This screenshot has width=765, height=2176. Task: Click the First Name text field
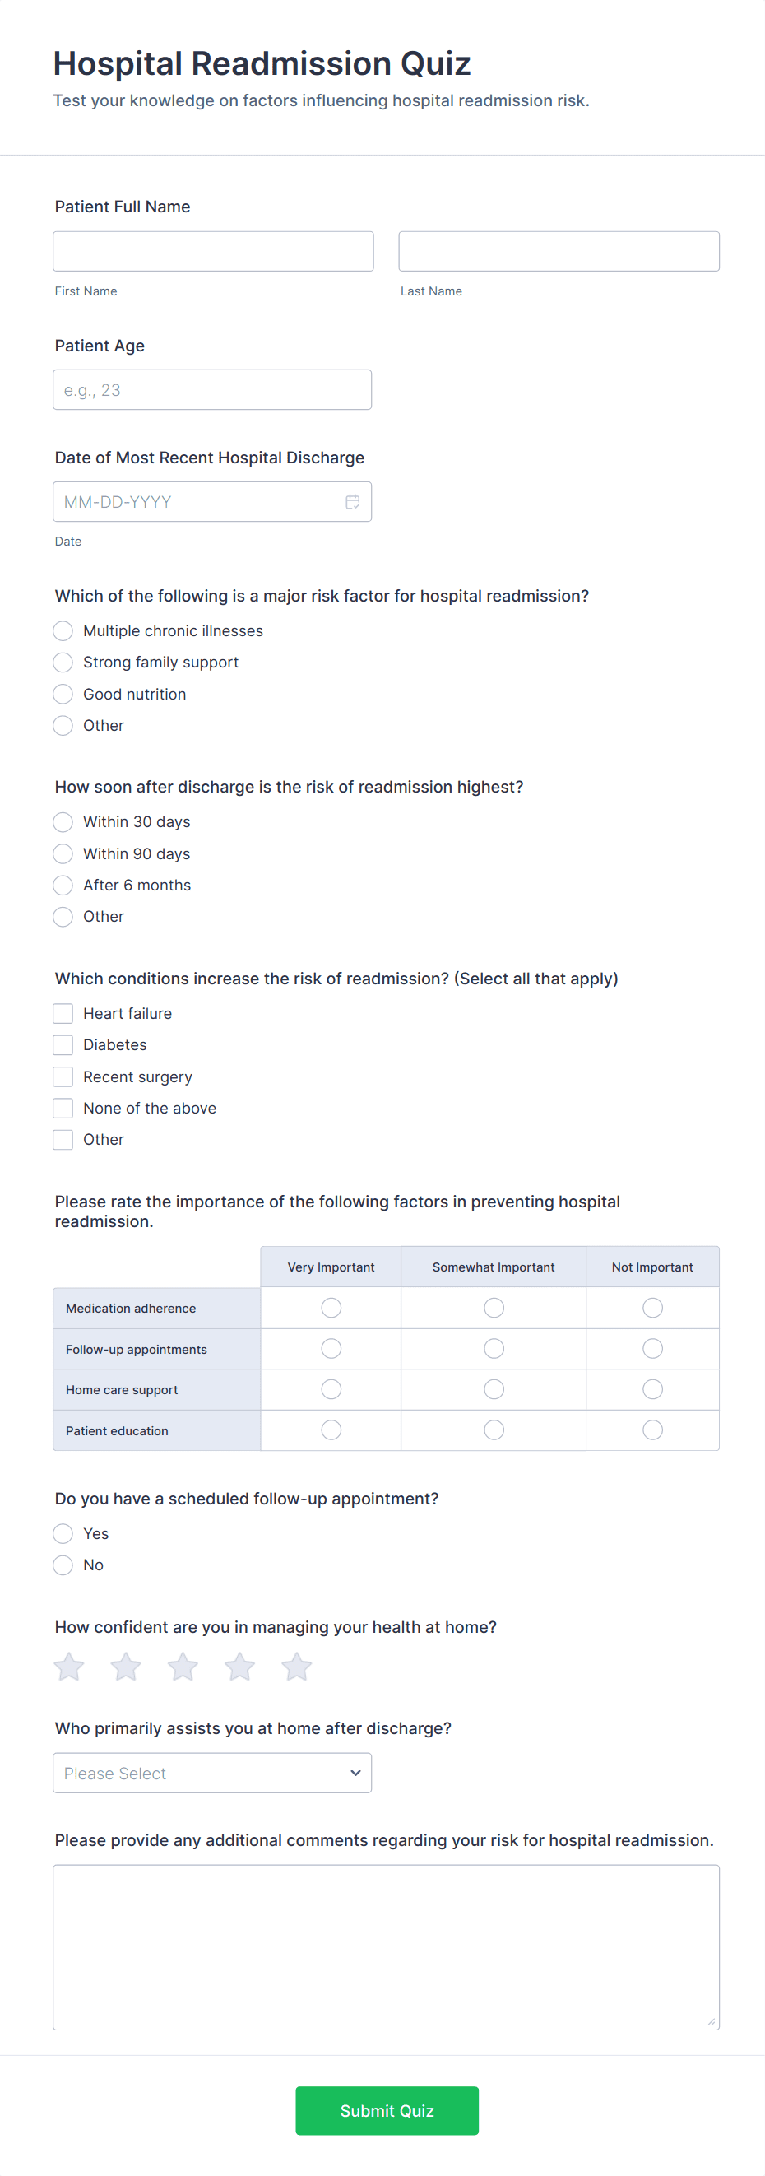point(213,251)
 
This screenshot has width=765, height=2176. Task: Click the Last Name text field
point(559,251)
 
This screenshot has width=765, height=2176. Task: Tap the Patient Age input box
point(212,389)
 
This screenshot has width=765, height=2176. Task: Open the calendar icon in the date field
point(352,502)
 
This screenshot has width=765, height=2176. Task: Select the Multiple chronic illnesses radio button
point(63,631)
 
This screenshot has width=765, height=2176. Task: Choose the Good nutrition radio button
point(63,695)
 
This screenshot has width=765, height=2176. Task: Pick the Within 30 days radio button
point(63,822)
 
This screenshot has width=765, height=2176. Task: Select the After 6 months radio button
point(63,886)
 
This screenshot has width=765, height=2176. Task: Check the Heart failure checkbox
point(63,1014)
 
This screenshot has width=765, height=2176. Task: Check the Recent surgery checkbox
point(63,1077)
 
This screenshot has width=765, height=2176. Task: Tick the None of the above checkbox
point(63,1109)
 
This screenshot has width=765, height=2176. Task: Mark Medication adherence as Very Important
point(331,1308)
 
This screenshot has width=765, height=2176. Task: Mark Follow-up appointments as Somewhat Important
point(494,1349)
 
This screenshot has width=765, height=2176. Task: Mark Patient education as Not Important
point(652,1430)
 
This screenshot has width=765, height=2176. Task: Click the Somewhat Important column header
point(493,1267)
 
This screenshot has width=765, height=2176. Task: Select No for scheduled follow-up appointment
point(63,1565)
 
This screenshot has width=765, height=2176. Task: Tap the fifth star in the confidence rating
point(296,1667)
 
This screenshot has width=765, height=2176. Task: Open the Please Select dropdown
point(212,1773)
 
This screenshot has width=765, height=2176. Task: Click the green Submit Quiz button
point(387,2110)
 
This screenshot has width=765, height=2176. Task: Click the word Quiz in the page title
point(435,64)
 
